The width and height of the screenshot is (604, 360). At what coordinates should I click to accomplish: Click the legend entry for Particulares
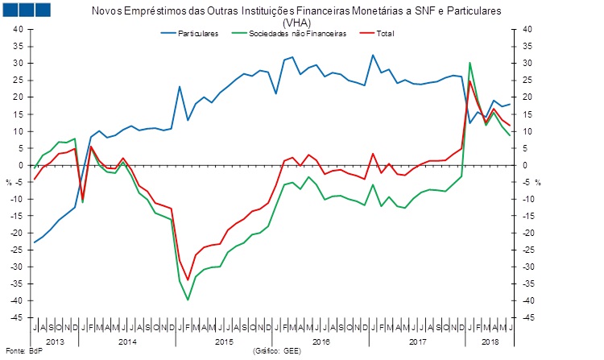(197, 35)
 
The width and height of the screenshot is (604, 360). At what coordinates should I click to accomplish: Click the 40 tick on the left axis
(16, 29)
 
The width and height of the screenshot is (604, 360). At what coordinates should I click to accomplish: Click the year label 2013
(55, 342)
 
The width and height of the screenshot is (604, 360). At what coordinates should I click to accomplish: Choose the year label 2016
(321, 342)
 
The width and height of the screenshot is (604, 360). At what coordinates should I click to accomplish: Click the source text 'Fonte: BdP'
(22, 353)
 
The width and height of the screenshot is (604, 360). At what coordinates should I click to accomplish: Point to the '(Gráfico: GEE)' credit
(278, 353)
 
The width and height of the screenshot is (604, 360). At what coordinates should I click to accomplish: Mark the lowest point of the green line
(188, 300)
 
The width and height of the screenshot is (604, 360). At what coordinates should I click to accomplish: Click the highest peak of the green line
(470, 63)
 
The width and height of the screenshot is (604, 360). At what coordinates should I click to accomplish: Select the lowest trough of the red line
(188, 279)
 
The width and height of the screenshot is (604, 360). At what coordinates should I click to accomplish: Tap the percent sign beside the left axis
(10, 181)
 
